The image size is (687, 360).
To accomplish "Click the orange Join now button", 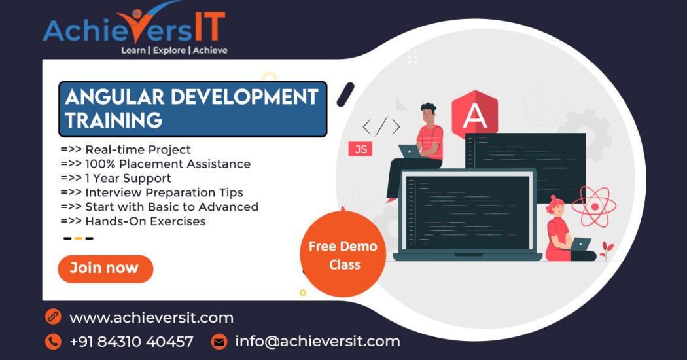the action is click(x=105, y=269).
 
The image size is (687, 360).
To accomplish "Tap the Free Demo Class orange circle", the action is click(x=343, y=255).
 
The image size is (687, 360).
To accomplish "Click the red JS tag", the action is click(x=361, y=149).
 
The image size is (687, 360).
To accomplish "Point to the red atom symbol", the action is click(x=594, y=206).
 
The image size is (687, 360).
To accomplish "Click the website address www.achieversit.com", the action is click(x=151, y=317).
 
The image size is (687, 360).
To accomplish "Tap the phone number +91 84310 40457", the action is click(x=132, y=342).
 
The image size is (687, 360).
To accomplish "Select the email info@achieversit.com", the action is click(x=317, y=341).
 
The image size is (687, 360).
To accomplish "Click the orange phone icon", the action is click(x=53, y=342).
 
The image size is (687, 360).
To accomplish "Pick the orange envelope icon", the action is click(x=219, y=342).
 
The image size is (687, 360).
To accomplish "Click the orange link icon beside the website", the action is click(x=53, y=317).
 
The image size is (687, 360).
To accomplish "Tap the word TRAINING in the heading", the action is click(x=114, y=120).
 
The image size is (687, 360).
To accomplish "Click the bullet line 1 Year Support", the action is click(x=116, y=179).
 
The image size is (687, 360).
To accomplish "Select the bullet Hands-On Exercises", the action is click(x=133, y=221).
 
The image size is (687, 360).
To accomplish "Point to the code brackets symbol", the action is click(x=381, y=126).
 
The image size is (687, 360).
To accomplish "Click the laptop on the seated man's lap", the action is click(x=410, y=152).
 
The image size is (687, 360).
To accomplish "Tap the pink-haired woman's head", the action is click(x=555, y=205).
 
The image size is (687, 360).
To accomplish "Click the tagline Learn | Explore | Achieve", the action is click(x=175, y=50).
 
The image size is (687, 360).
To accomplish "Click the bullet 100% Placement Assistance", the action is click(x=156, y=164).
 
